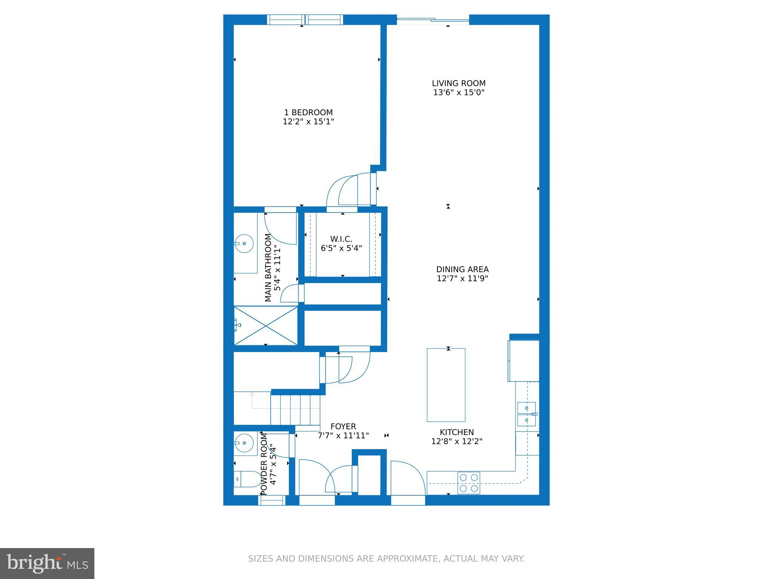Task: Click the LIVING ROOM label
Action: click(459, 83)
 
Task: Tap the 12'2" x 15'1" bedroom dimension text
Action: click(308, 122)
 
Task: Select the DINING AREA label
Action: click(462, 270)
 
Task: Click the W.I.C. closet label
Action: click(341, 239)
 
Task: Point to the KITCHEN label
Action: click(457, 432)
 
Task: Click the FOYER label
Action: click(343, 426)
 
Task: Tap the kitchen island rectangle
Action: click(446, 385)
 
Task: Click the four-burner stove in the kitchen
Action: click(469, 483)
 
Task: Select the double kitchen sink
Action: click(527, 414)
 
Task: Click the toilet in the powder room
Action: click(245, 479)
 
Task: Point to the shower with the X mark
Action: click(266, 325)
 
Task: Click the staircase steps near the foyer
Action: click(295, 409)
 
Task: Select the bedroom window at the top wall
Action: click(305, 20)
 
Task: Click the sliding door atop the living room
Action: click(433, 20)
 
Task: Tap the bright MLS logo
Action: click(47, 564)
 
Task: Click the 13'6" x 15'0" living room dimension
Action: click(459, 93)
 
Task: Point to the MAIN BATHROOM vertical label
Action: click(268, 268)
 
